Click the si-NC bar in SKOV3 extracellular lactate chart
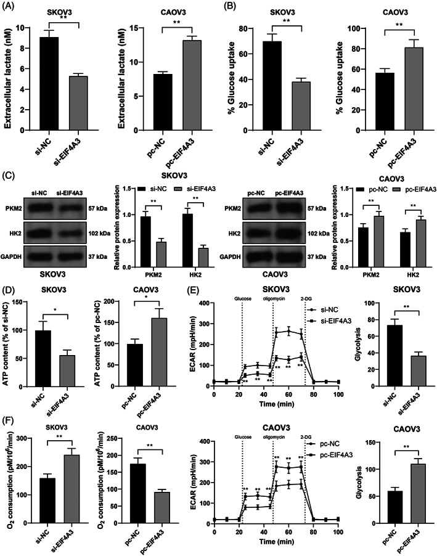coord(49,84)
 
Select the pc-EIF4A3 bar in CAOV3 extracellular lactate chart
coord(192,86)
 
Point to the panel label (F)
coord(8,418)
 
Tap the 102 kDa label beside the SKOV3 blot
coord(99,234)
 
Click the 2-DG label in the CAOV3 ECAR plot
coord(306,437)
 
